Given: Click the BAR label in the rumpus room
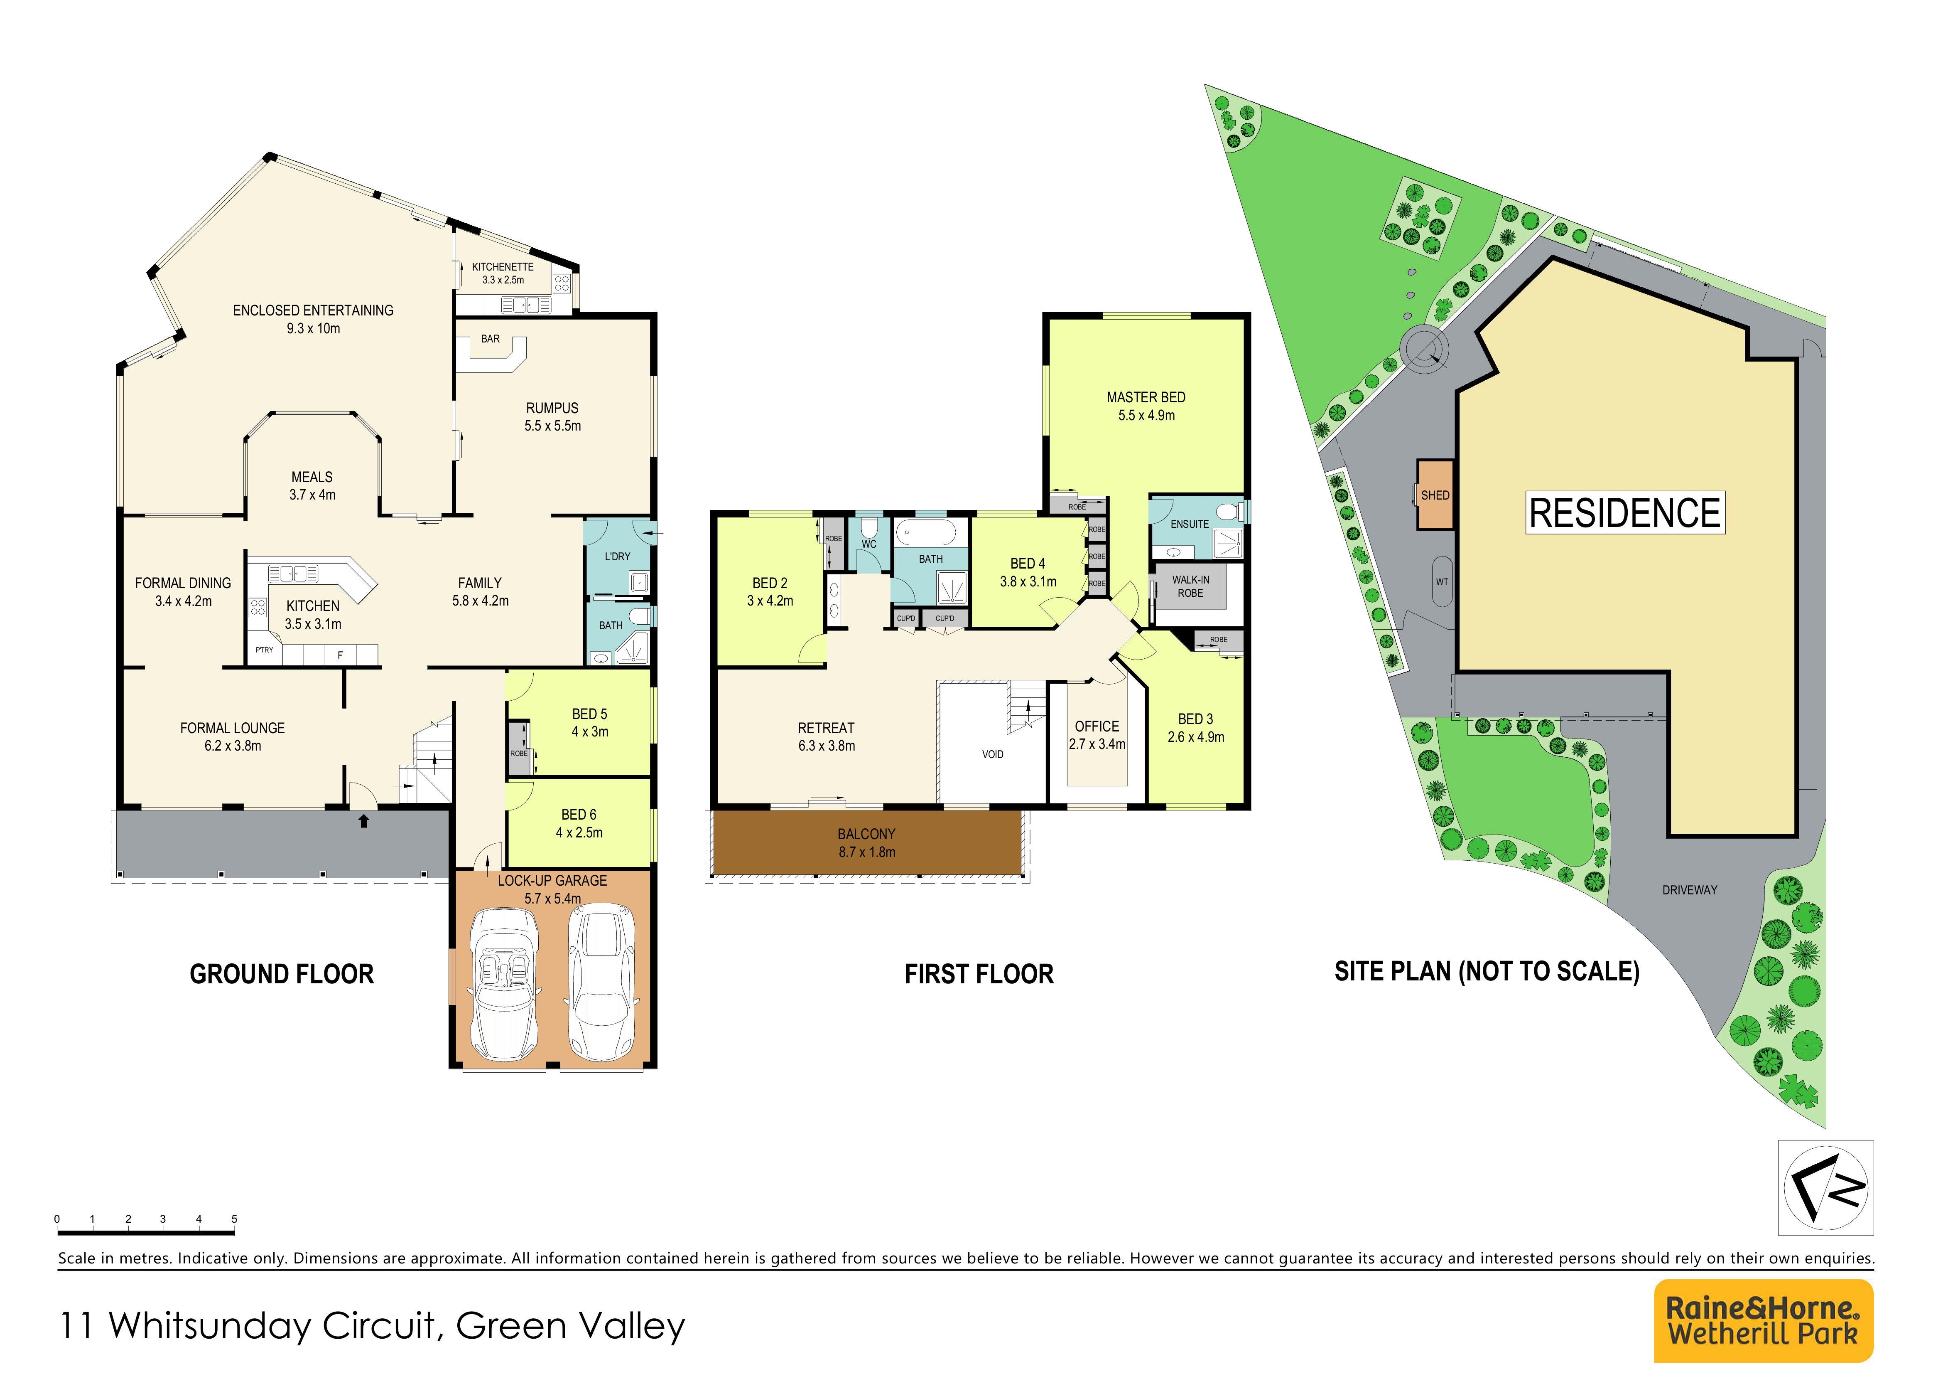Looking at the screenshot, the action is pos(490,339).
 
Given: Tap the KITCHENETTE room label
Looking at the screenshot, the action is pos(503,267).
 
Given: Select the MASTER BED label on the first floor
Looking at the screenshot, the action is pos(1146,397).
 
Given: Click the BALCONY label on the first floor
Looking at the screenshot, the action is pos(866,834).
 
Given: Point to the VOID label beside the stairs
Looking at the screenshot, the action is pos(993,754).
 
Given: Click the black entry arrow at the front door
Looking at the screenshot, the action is pos(364,820).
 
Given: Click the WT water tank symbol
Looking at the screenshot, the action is pos(1442,581).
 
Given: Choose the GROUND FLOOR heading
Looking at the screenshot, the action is pos(282,975).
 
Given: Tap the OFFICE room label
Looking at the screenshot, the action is pos(1097,726).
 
